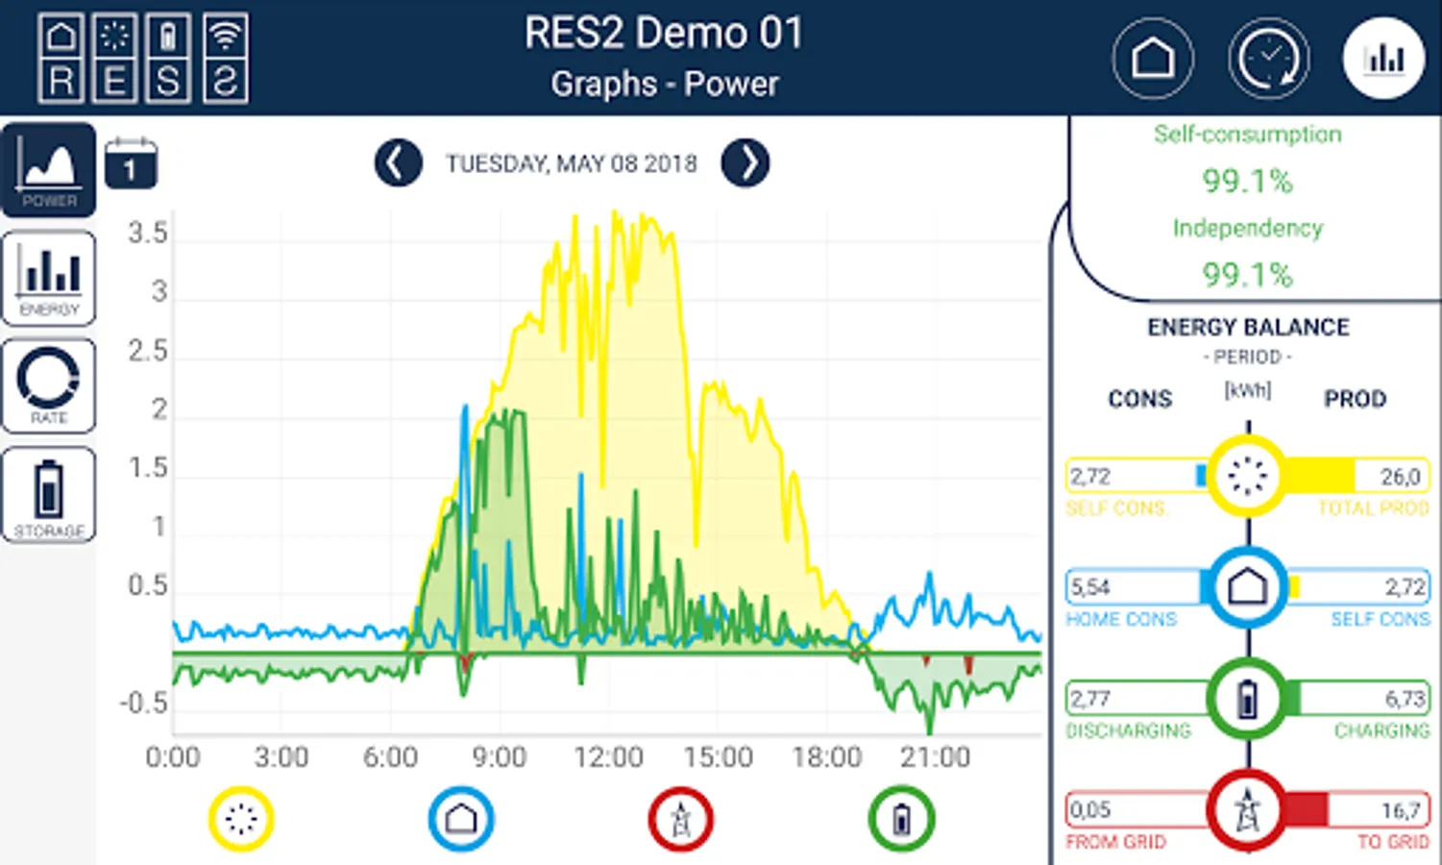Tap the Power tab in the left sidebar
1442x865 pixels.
(49, 169)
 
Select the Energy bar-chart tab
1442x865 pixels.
(49, 278)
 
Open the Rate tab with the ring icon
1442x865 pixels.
(49, 385)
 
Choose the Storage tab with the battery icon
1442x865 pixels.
(49, 495)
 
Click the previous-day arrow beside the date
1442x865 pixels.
(398, 163)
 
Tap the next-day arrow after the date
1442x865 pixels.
(745, 163)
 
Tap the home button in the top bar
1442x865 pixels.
(1153, 59)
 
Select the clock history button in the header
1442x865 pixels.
(1268, 59)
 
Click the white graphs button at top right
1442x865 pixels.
(1383, 59)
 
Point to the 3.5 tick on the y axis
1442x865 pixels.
(148, 233)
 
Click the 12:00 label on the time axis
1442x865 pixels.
(608, 757)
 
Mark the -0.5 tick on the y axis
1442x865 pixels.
(144, 703)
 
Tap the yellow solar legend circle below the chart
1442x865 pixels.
(241, 819)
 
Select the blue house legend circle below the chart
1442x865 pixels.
(461, 819)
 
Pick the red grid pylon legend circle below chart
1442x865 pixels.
(680, 819)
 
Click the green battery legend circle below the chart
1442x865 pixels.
(901, 819)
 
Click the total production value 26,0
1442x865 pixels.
(1400, 477)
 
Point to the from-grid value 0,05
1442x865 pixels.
(1090, 810)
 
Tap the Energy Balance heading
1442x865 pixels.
(1248, 328)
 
